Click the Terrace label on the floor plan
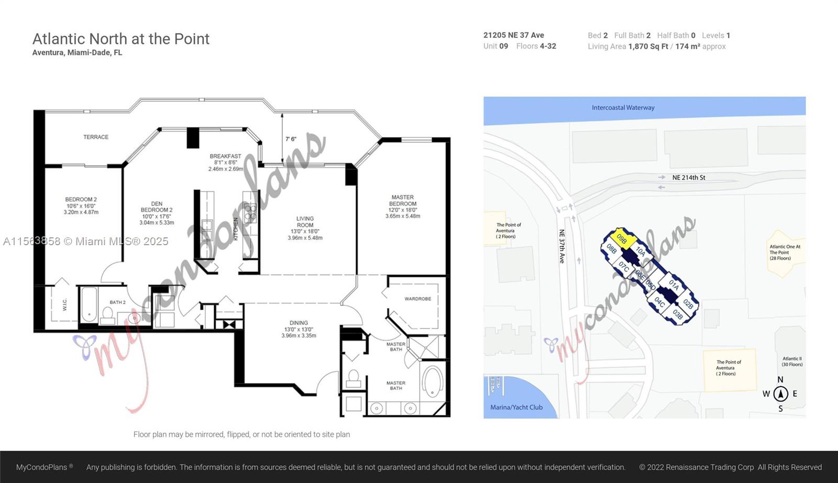click(96, 137)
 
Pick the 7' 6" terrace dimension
click(291, 139)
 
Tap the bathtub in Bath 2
click(89, 305)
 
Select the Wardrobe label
click(417, 299)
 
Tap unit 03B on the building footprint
click(677, 314)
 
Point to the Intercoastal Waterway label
click(623, 108)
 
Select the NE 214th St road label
click(688, 178)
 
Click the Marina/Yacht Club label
click(516, 407)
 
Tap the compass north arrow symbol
click(780, 393)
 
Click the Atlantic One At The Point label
click(784, 252)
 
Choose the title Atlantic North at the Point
click(121, 39)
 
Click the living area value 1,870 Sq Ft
click(648, 47)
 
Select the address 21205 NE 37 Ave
click(513, 35)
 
